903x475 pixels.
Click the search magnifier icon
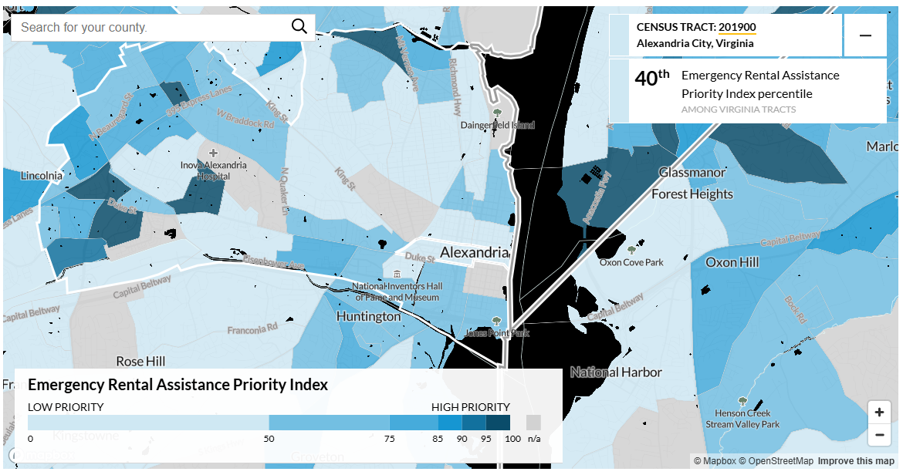coord(299,27)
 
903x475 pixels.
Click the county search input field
coord(150,27)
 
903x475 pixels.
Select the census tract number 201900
coord(737,27)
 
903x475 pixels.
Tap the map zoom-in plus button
coord(879,412)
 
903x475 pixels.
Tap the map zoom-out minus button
coord(879,435)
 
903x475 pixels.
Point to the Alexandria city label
coord(474,252)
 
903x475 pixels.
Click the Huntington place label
coord(368,316)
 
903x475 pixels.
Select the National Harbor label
coord(616,372)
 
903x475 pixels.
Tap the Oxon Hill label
coord(732,262)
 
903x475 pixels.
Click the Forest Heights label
coord(692,194)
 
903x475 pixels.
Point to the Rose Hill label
coord(140,361)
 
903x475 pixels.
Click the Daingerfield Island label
coord(497,125)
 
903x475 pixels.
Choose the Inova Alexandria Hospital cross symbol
coord(214,153)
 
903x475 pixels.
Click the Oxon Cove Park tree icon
coord(632,250)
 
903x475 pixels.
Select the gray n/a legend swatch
coord(533,423)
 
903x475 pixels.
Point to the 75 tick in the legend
coord(390,438)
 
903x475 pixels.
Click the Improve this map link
coord(856,461)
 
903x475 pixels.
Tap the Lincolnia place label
coord(42,175)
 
